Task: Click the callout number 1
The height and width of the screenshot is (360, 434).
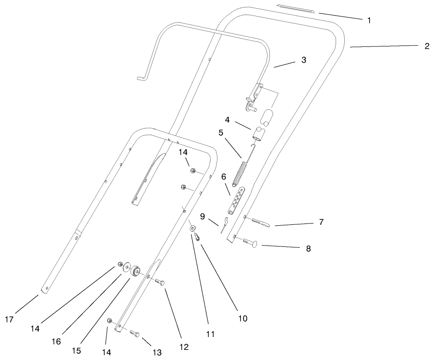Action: point(369,20)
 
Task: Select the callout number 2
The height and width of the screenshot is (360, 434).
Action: point(426,46)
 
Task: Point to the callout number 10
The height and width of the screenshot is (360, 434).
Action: point(242,318)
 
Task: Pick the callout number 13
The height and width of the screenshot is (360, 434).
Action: point(157,352)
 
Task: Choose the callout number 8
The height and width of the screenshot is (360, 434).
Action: point(308,248)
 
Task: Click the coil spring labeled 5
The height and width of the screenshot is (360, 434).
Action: point(240,173)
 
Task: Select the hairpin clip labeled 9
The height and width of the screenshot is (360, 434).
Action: point(224,225)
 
